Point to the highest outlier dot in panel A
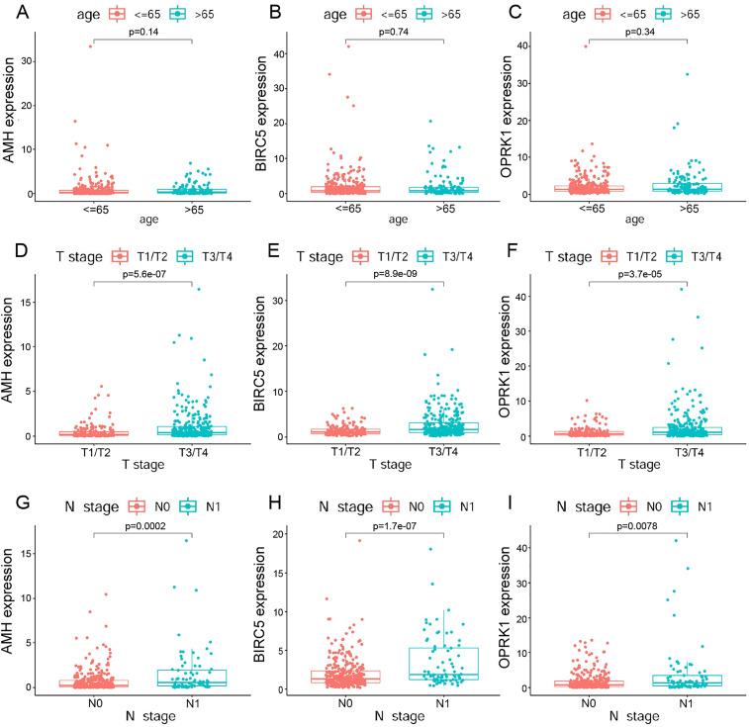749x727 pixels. coord(90,45)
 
